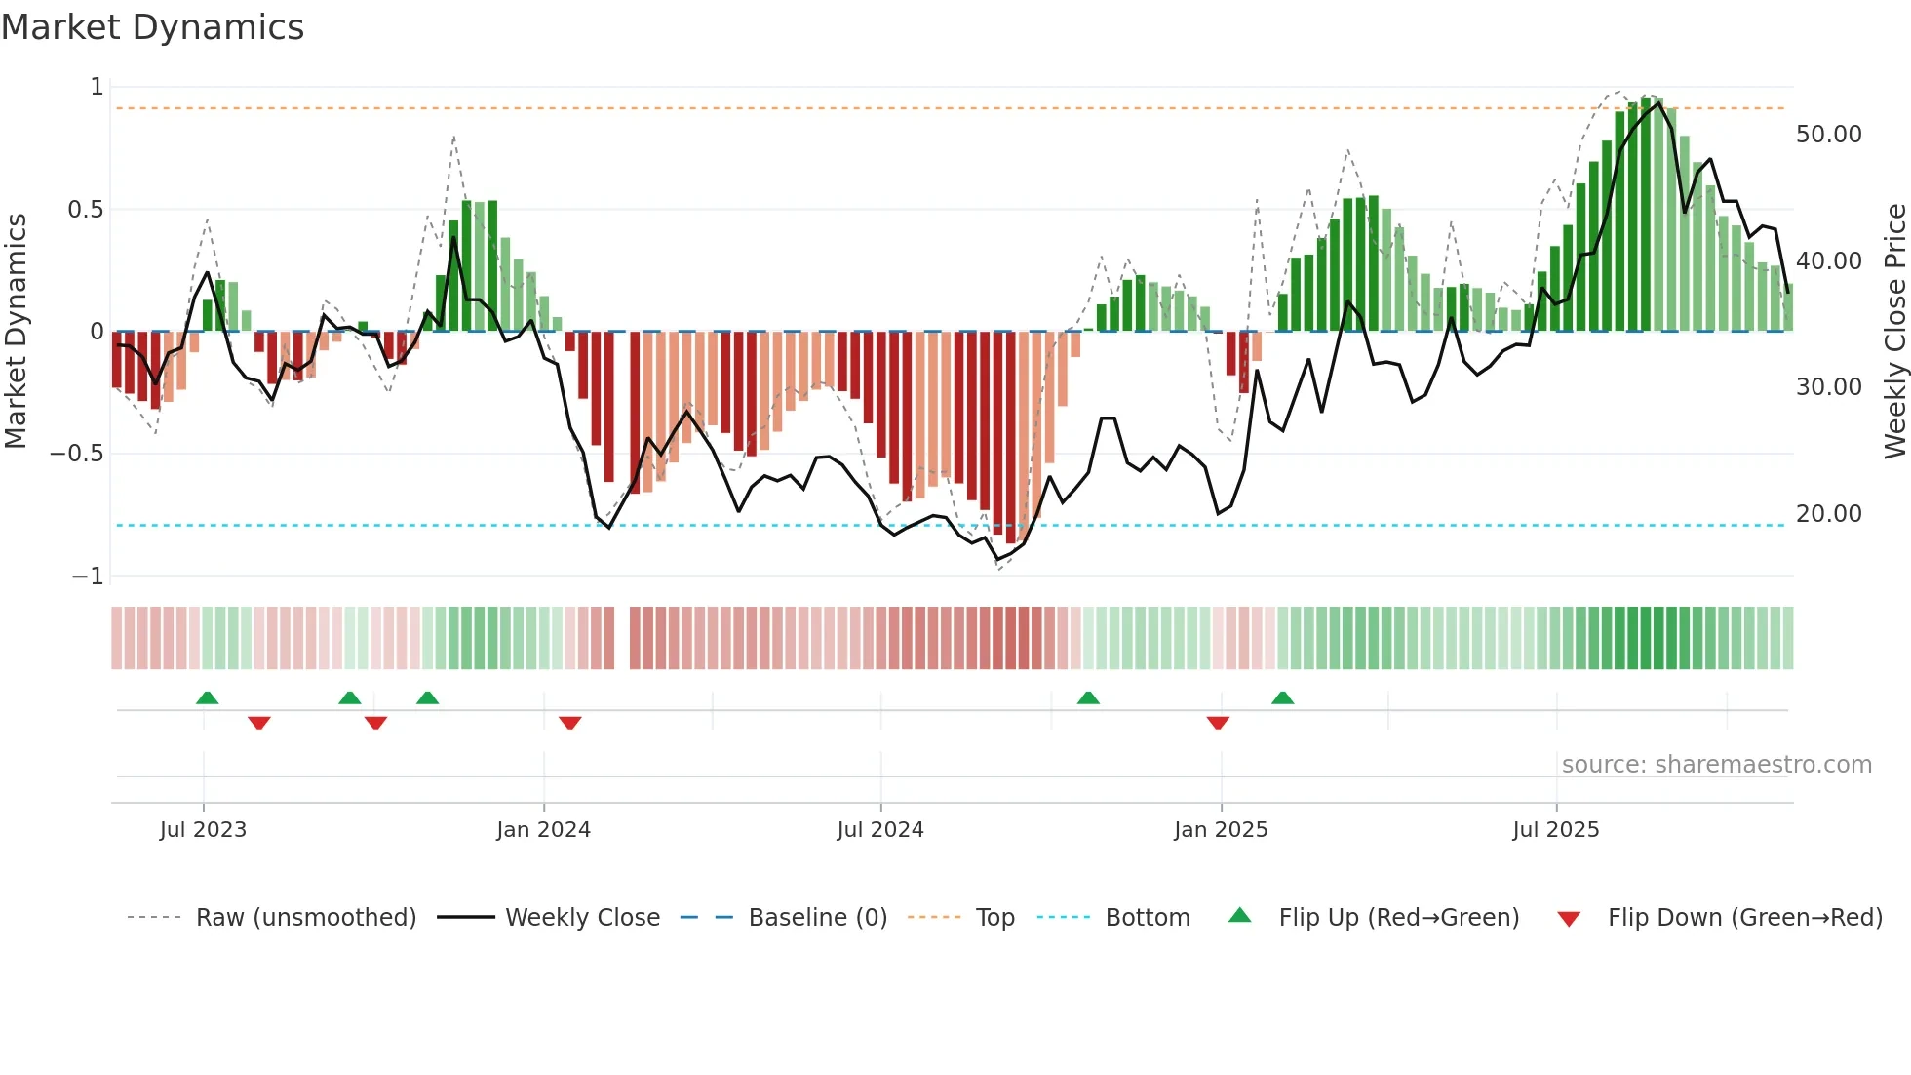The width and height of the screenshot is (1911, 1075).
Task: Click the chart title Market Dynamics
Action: click(152, 27)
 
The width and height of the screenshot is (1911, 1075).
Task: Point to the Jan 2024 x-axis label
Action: click(543, 830)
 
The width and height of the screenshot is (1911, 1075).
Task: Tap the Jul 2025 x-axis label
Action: click(1555, 830)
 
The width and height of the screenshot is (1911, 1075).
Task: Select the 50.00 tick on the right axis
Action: click(1828, 135)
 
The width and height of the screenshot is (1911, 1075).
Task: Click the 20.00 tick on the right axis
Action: click(1828, 514)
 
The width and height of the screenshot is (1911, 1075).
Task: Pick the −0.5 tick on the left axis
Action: click(76, 454)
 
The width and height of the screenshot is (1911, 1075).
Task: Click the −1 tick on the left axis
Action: click(87, 577)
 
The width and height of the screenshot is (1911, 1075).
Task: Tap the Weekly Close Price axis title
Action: click(1894, 331)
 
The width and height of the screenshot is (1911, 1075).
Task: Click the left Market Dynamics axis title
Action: click(16, 331)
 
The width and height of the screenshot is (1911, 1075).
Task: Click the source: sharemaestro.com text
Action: click(1716, 765)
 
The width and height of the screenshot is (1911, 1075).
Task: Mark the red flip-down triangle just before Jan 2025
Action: click(1218, 723)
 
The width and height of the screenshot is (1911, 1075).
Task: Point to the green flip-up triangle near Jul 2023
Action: click(207, 697)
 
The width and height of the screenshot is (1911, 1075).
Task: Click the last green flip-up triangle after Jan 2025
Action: click(1282, 697)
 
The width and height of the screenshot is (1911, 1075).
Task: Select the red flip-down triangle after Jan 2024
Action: click(570, 723)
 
